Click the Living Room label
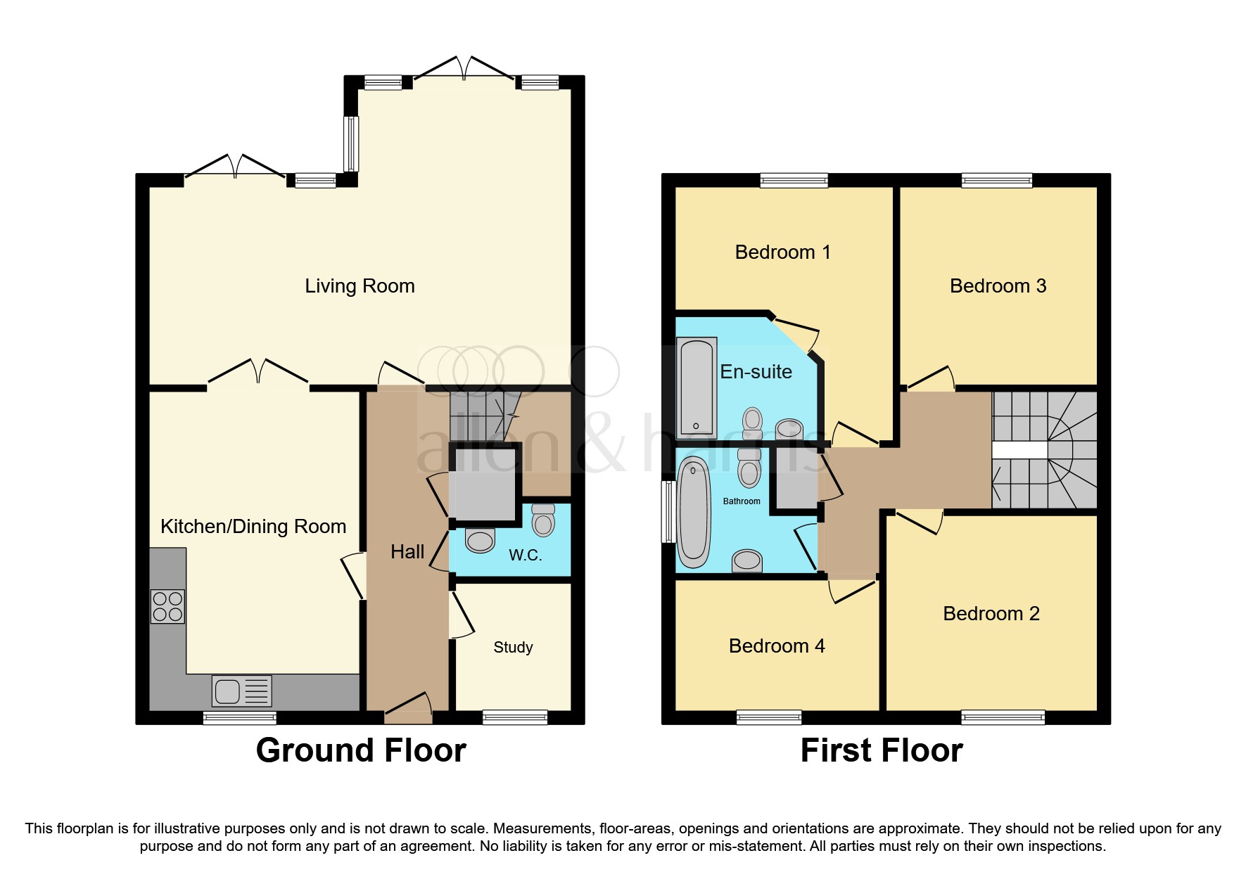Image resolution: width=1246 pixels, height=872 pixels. (360, 286)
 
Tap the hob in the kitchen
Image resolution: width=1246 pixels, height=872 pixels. (167, 606)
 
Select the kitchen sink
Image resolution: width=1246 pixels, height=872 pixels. (241, 691)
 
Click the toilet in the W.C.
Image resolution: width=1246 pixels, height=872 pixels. (543, 520)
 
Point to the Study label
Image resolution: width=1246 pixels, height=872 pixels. (513, 647)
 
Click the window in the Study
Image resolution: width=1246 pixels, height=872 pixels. (515, 717)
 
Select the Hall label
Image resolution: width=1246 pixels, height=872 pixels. (407, 552)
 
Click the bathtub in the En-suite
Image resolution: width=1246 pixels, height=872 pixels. (697, 388)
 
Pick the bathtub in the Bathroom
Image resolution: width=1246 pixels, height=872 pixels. (694, 511)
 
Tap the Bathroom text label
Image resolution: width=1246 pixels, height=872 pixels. (742, 501)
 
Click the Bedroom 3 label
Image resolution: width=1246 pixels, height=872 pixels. (998, 286)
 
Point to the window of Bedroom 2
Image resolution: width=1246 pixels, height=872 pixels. (1003, 717)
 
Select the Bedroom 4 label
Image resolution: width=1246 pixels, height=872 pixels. (776, 646)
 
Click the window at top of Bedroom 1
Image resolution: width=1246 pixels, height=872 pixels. (794, 181)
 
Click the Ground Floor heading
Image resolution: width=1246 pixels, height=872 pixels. (361, 750)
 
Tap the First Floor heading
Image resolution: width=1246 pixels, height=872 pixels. (881, 750)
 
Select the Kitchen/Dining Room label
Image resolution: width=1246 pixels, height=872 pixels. (253, 527)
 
